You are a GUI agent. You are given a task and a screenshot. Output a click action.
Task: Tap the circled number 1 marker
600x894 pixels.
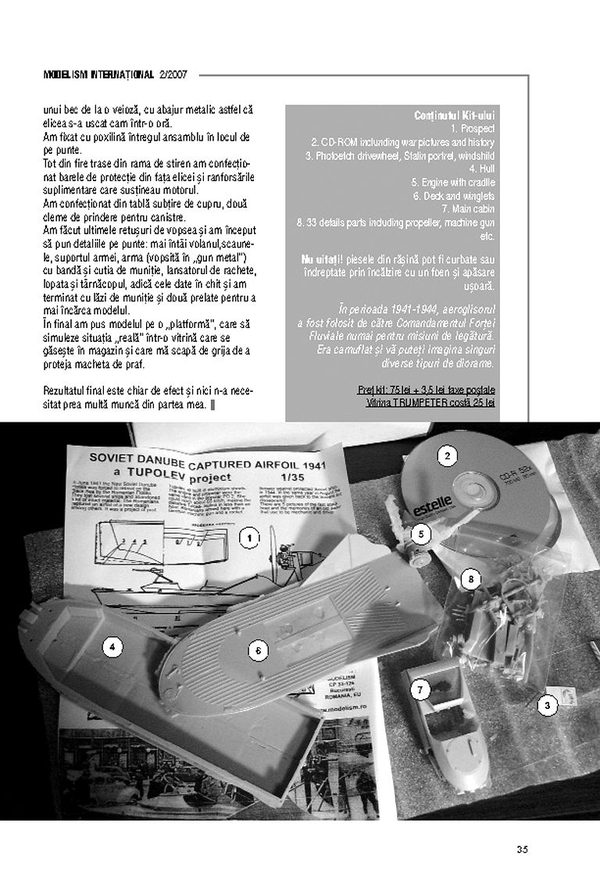248,538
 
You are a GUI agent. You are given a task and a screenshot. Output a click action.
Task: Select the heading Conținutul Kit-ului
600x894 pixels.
454,116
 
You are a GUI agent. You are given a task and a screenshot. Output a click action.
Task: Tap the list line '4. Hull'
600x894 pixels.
480,168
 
